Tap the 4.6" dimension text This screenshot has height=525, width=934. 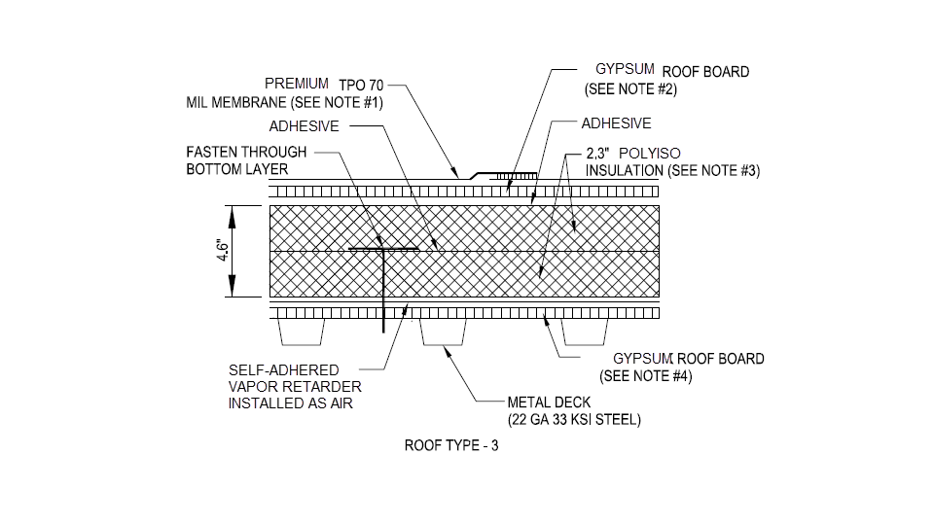(223, 252)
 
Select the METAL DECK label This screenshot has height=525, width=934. (549, 402)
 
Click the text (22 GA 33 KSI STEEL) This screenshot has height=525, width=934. (574, 420)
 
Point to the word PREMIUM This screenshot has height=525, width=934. (297, 85)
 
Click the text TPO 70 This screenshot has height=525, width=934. (361, 85)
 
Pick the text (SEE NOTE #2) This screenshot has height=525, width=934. (630, 89)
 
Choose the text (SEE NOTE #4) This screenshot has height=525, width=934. (646, 376)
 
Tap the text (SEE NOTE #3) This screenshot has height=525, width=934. (713, 170)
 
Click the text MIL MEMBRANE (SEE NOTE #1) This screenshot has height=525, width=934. (284, 103)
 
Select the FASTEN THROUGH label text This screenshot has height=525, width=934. (246, 152)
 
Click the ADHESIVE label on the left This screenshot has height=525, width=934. (304, 126)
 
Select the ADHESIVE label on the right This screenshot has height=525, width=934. (616, 123)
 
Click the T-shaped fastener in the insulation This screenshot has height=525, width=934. (385, 251)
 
